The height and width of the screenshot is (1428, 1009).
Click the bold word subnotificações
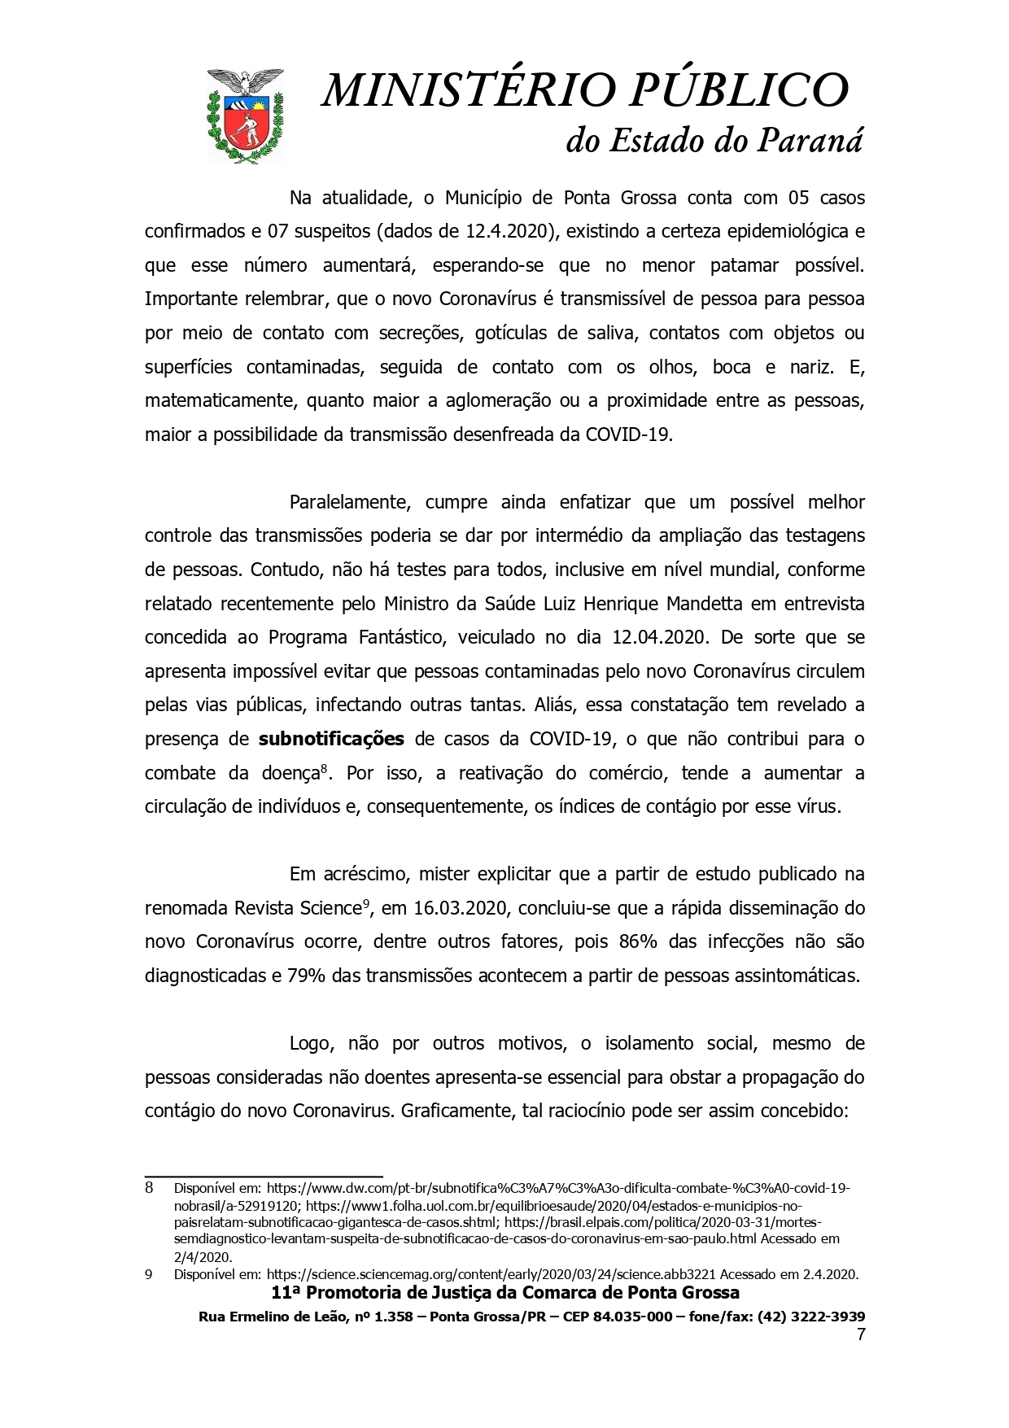pyautogui.click(x=331, y=740)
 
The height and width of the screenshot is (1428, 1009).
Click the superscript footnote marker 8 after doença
pyautogui.click(x=324, y=768)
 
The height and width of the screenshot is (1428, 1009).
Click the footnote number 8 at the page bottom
pyautogui.click(x=150, y=1188)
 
